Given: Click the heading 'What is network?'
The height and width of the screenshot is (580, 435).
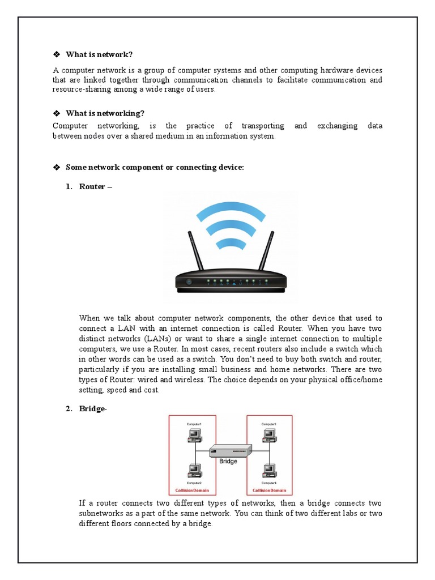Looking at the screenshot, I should [x=99, y=54].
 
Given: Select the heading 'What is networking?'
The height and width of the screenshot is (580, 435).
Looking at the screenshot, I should [x=105, y=113].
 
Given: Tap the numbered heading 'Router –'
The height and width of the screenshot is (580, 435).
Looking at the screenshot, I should [x=96, y=186].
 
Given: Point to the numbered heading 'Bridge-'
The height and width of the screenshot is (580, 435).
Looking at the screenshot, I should [x=93, y=410].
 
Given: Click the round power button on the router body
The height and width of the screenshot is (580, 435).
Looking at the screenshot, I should [x=189, y=282].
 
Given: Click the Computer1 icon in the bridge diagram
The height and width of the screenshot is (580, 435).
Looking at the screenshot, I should [x=194, y=434].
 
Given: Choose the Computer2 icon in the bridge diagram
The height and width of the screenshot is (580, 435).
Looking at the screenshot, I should [x=194, y=470].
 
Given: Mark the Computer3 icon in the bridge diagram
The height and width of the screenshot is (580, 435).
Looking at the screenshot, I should [x=268, y=434].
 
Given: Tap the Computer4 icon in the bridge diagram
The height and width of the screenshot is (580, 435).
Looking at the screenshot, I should [x=268, y=470].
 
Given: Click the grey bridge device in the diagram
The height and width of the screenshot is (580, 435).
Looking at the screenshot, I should [x=231, y=451].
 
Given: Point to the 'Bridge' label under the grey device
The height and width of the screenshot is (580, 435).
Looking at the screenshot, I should [x=228, y=462].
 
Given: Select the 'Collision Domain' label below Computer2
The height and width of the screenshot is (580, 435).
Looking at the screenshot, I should [x=194, y=490].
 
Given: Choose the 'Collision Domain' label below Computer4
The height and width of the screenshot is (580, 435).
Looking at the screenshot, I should [x=268, y=490].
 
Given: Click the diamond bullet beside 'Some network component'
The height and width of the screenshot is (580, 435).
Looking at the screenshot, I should [x=56, y=167].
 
